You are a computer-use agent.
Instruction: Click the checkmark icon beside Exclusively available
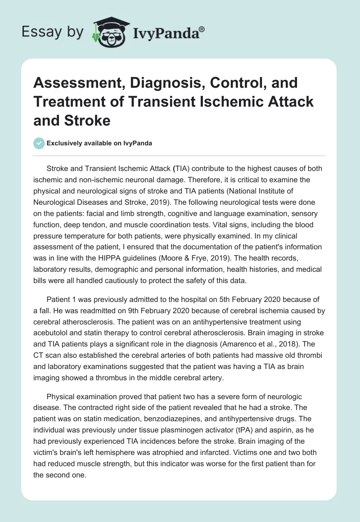39,143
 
